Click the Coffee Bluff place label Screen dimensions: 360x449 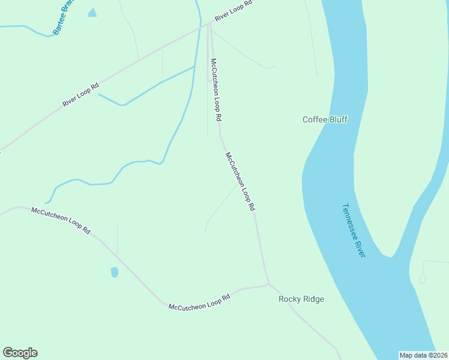tap(325, 119)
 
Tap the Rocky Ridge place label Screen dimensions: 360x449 tap(301, 299)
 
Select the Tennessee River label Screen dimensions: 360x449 tap(354, 230)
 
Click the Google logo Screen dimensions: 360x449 tap(20, 353)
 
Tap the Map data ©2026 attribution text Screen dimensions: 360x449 tap(423, 355)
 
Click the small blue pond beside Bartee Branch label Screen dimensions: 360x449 tap(92, 13)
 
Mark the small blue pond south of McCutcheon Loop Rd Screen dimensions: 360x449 tap(114, 272)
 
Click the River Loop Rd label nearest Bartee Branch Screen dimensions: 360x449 tap(80, 94)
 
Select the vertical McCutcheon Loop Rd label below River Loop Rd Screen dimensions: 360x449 tap(216, 88)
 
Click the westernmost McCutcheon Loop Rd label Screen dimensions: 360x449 tap(61, 220)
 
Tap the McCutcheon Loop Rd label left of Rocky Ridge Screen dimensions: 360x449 tap(199, 302)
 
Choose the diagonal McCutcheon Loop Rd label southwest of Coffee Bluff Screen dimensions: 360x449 tap(241, 181)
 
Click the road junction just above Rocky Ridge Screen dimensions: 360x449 tap(268, 283)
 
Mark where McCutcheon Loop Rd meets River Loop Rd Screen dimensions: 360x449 tap(209, 24)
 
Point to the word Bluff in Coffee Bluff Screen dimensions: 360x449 tap(337, 119)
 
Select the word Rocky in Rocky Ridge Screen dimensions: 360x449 tap(289, 299)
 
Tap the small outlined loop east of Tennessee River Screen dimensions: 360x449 tap(423, 278)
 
